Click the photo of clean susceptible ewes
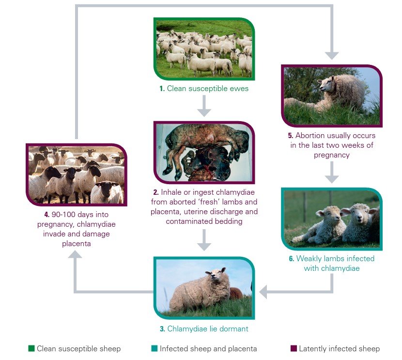tap(204, 48)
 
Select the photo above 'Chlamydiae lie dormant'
tap(204, 288)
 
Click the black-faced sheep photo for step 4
tap(76, 174)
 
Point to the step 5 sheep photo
tap(332, 96)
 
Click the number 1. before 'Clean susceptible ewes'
tap(162, 89)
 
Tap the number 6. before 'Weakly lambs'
tap(292, 258)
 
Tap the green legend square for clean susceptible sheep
tap(31, 348)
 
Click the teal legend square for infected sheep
tap(154, 348)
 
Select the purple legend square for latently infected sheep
tap(294, 348)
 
